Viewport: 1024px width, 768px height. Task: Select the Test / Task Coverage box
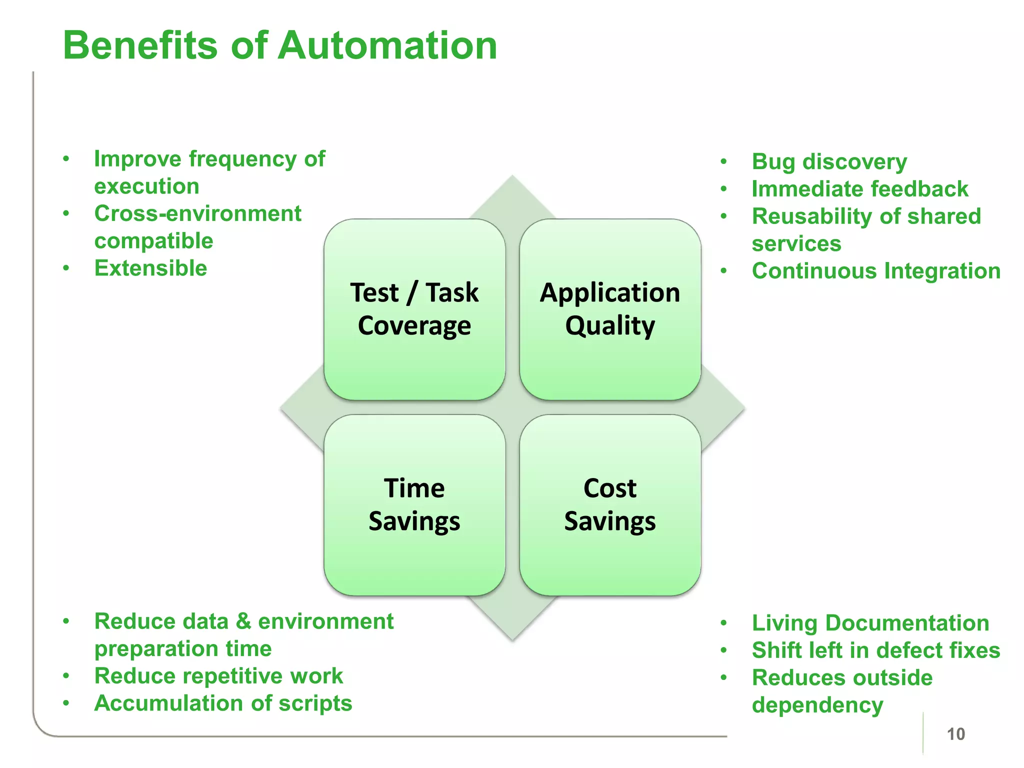tap(414, 309)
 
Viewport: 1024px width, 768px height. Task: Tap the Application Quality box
tap(610, 309)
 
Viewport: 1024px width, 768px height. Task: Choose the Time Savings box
tap(414, 504)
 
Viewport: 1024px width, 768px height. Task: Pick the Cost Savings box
tap(610, 504)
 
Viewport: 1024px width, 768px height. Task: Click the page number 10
tap(955, 734)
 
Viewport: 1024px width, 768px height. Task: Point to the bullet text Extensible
tap(150, 268)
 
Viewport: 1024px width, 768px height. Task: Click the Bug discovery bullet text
tap(829, 162)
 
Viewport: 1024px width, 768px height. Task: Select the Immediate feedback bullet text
tap(860, 189)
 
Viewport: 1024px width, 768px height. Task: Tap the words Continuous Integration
tap(876, 271)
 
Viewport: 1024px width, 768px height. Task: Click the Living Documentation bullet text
tap(870, 623)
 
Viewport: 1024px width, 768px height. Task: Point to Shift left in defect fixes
tap(876, 650)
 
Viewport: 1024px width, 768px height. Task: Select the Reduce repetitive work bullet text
tap(218, 676)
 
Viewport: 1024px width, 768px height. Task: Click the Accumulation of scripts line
tap(223, 703)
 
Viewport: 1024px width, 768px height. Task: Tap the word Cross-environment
tap(197, 214)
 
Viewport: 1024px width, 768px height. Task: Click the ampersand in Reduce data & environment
tap(243, 621)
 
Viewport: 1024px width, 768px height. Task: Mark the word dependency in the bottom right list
tap(817, 705)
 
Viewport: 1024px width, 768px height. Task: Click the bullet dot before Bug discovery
tap(723, 162)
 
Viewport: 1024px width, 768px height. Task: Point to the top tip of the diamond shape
tap(512, 176)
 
